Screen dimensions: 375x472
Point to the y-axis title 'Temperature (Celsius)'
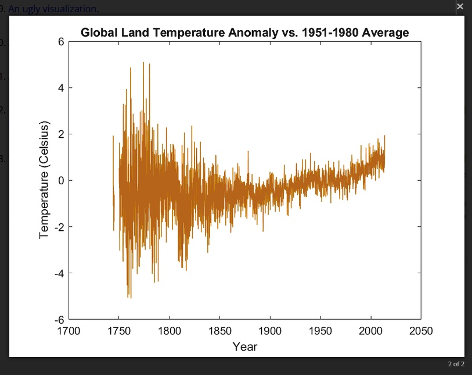pos(44,180)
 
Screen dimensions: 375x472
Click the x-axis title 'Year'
pos(244,347)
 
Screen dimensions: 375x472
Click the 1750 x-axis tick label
pos(119,331)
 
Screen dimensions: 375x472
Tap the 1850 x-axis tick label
pos(219,331)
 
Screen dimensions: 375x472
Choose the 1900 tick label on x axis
pos(270,331)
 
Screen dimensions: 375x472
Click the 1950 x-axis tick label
pos(320,331)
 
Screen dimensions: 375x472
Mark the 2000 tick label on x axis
pos(370,331)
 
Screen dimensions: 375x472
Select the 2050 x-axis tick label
pos(421,331)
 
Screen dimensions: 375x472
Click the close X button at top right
pos(460,7)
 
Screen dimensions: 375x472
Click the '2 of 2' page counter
pos(456,365)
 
